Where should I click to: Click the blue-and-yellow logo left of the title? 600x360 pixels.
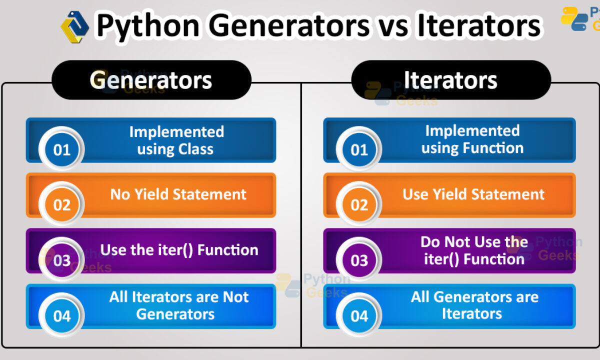click(75, 26)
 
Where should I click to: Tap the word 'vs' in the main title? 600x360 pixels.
click(393, 26)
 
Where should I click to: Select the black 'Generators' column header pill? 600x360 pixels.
click(151, 80)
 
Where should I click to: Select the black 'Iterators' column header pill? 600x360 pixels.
click(451, 80)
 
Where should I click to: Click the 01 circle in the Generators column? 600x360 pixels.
click(62, 149)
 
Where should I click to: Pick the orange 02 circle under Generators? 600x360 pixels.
click(62, 204)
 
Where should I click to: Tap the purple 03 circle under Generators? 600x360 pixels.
click(62, 260)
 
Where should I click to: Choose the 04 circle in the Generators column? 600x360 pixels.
click(62, 316)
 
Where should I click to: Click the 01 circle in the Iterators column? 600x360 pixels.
click(359, 149)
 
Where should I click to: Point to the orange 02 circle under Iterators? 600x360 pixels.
click(359, 204)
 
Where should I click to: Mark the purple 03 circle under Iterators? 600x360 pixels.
click(359, 260)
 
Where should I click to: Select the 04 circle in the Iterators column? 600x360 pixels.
click(359, 316)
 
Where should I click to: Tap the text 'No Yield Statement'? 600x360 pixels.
click(178, 194)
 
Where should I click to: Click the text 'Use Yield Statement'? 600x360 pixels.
click(473, 194)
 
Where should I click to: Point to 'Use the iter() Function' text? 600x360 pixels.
click(179, 250)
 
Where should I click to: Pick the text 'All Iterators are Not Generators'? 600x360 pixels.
click(178, 305)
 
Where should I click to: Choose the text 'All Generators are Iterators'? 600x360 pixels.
click(474, 305)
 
